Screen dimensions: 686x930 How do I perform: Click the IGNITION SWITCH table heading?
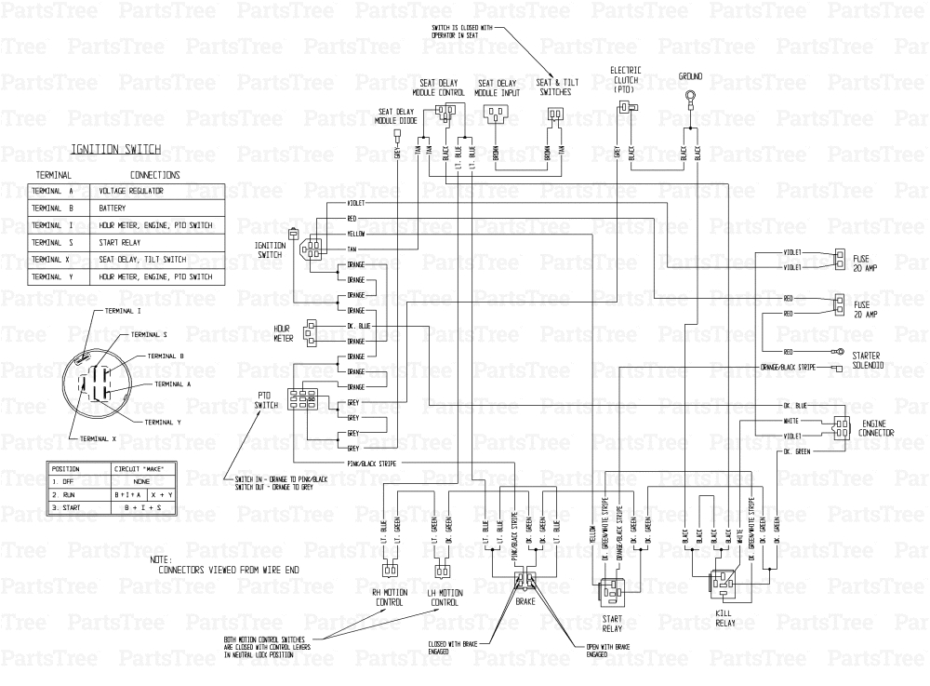[117, 149]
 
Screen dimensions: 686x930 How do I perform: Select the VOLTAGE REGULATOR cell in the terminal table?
[131, 191]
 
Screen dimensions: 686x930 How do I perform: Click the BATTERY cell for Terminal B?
[113, 208]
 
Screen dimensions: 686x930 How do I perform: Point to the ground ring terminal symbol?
[690, 96]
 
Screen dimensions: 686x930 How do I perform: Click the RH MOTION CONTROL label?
[389, 598]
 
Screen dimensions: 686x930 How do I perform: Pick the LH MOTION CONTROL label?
[444, 598]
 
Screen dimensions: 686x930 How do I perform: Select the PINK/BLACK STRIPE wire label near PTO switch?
[372, 461]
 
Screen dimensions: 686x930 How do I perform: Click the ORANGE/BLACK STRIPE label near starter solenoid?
[788, 368]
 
